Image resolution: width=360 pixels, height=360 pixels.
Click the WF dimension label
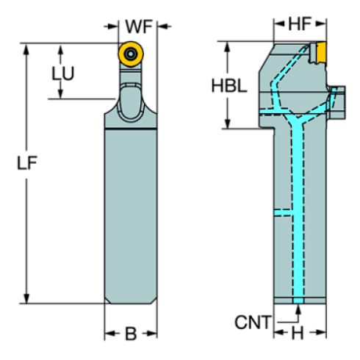coord(138,26)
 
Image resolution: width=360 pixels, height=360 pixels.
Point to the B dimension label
coord(131,334)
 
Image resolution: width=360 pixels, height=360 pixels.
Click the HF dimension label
coord(298,25)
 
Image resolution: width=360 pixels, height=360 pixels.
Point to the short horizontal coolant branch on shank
coord(284,214)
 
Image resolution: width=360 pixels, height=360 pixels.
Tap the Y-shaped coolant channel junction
coord(298,120)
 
